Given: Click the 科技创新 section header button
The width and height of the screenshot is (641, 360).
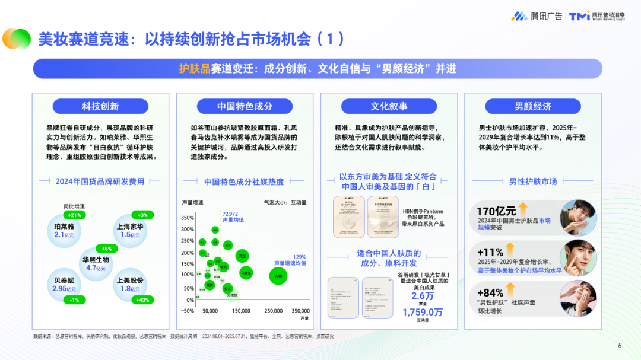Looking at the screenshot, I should (100, 106).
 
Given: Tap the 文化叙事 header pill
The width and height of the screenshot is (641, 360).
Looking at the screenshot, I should (389, 106).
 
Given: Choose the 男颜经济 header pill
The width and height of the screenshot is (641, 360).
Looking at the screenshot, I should (532, 106).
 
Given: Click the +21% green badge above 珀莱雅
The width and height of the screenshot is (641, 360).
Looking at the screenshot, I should (75, 215).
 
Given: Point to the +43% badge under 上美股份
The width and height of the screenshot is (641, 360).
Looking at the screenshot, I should (142, 300).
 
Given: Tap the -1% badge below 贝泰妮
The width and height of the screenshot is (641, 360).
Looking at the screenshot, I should (74, 300).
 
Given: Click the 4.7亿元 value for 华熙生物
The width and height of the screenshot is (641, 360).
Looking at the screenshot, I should (95, 268).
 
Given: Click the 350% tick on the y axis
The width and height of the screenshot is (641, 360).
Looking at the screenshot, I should (188, 218).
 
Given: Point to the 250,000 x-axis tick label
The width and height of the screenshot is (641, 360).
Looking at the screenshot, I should (273, 311).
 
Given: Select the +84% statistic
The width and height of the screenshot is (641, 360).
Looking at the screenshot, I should (490, 292).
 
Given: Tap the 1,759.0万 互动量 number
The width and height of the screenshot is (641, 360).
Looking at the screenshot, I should (422, 311).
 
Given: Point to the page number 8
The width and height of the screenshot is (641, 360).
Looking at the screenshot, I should (619, 346).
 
